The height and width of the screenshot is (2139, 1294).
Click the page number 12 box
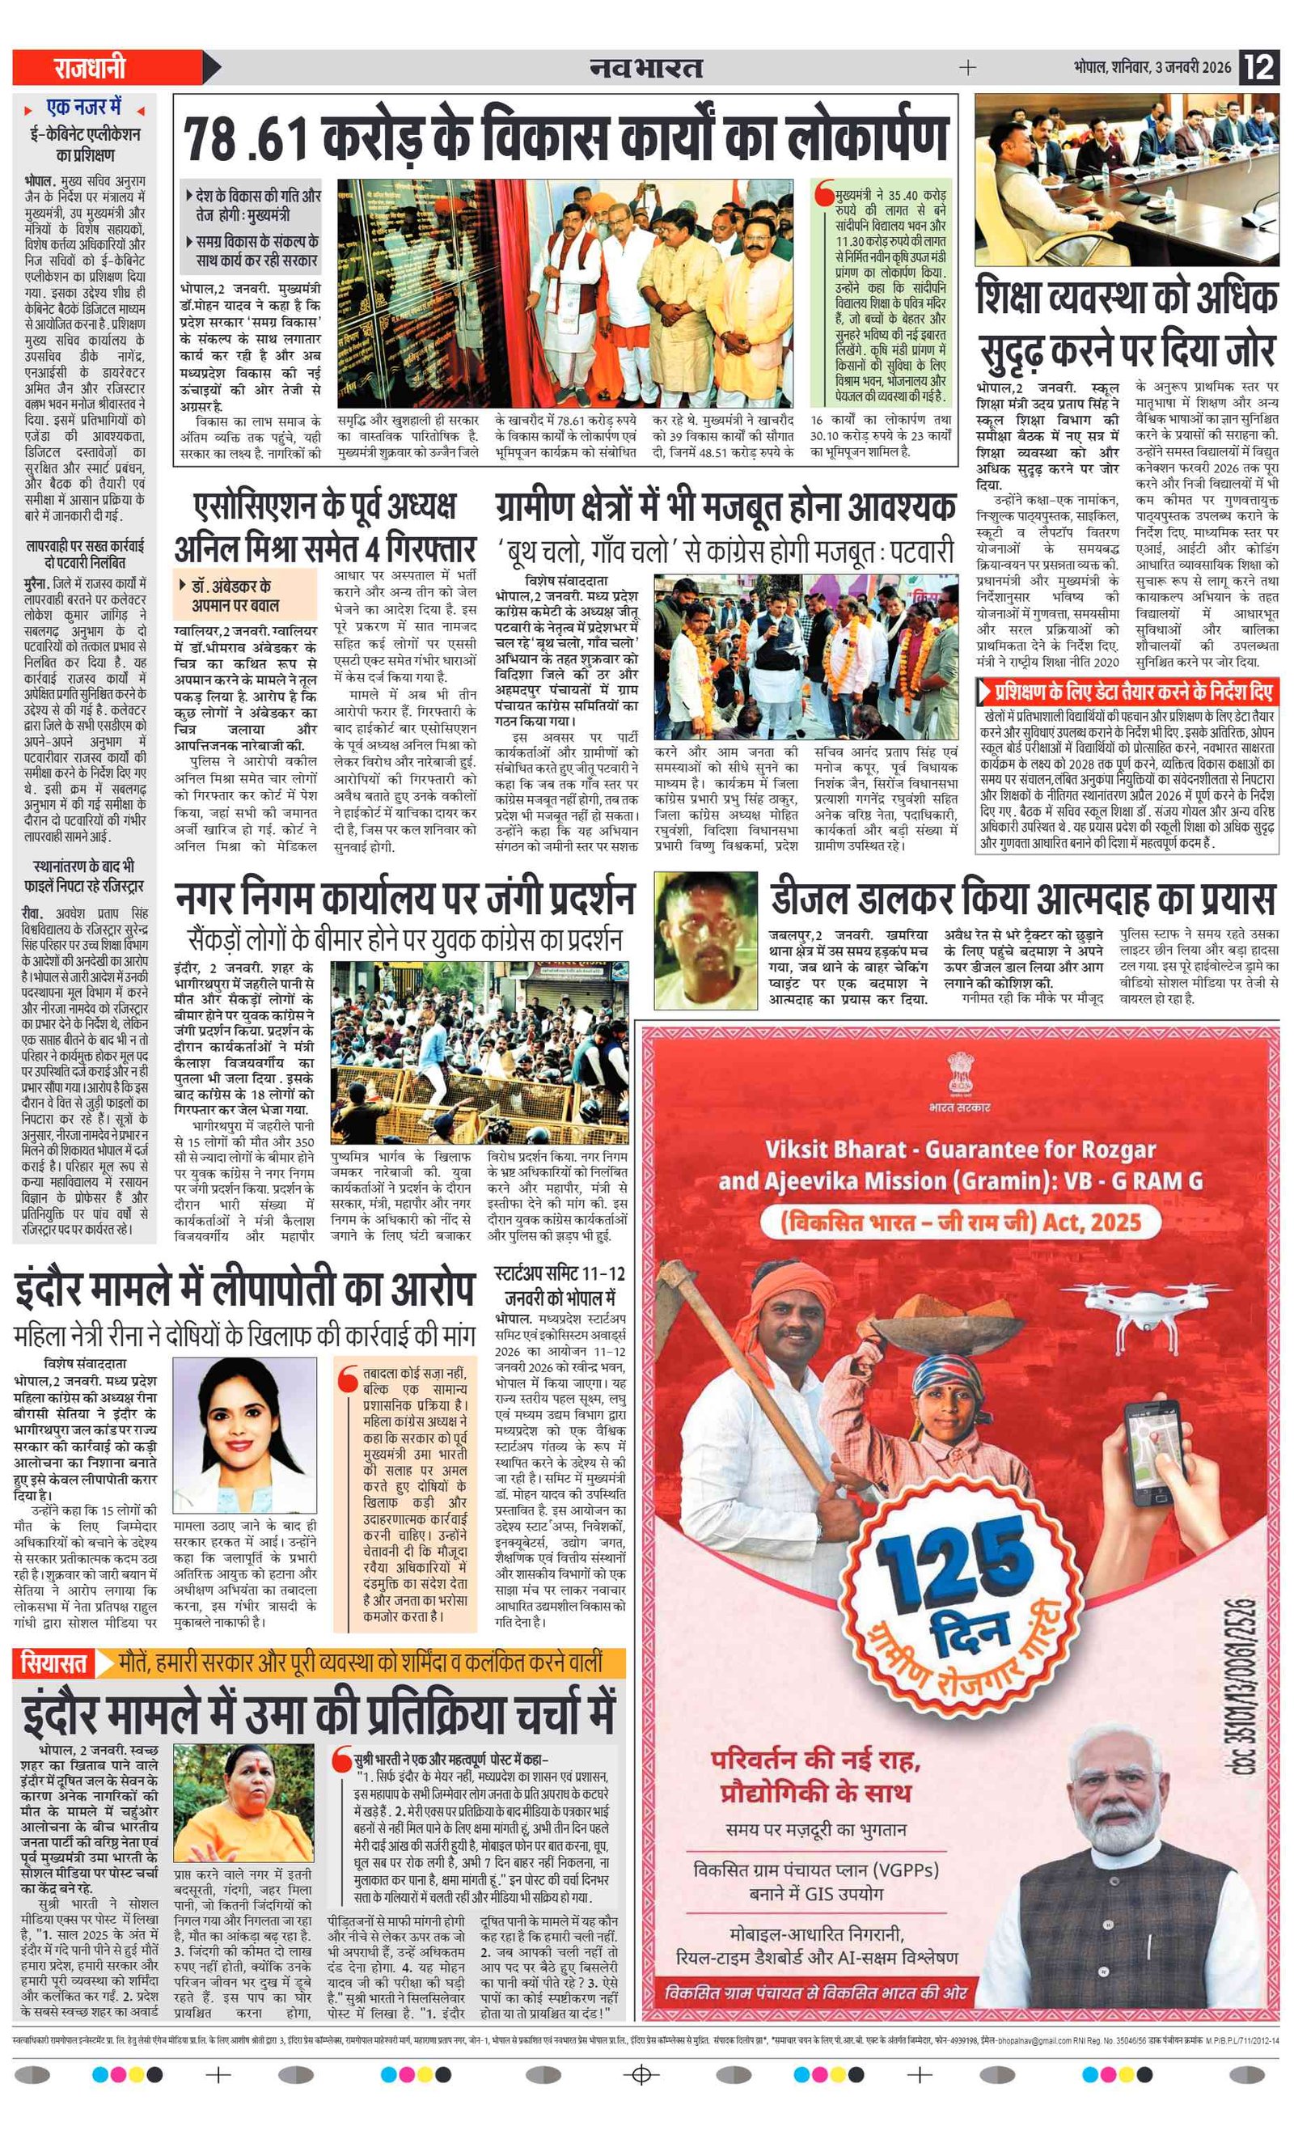tap(1259, 67)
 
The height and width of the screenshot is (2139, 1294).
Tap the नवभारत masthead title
tap(645, 67)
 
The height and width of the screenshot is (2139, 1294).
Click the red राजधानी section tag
tap(91, 67)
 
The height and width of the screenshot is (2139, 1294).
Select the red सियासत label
tap(54, 1663)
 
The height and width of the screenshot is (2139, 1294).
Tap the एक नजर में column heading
tap(84, 108)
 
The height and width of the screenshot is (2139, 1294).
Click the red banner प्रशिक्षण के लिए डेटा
tap(1127, 692)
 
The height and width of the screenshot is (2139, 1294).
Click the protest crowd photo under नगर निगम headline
tap(479, 1051)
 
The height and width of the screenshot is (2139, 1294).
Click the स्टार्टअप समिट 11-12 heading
tap(560, 1274)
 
